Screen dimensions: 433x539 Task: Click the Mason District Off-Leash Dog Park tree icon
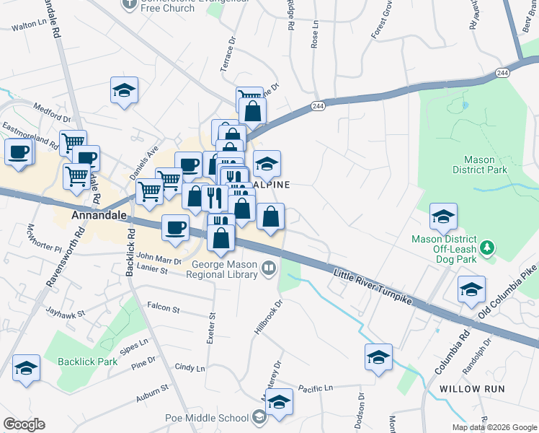[x=489, y=248]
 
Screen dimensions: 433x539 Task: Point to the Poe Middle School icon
[x=259, y=417]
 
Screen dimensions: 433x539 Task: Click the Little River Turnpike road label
[x=373, y=285]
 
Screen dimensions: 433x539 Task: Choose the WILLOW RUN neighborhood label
[x=471, y=388]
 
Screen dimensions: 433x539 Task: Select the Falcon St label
[x=163, y=307]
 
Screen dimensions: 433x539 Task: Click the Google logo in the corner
[x=24, y=424]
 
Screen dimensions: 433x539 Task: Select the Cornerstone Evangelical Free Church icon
[x=129, y=4]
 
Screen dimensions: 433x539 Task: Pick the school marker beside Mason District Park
[x=443, y=216]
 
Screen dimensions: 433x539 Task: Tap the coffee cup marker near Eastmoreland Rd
[x=19, y=152]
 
